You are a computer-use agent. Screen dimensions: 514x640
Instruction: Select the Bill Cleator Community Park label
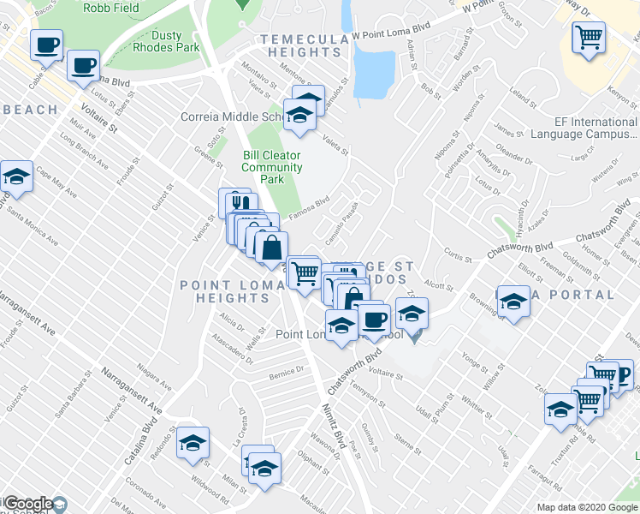click(272, 167)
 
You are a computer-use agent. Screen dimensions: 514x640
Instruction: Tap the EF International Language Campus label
click(584, 128)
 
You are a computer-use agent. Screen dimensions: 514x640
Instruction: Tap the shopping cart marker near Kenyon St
click(590, 37)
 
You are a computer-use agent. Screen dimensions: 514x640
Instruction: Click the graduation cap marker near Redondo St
click(193, 444)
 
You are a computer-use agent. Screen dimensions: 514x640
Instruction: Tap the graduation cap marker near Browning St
click(513, 302)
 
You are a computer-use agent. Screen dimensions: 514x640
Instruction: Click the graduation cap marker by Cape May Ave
click(16, 177)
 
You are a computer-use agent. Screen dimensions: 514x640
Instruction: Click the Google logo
click(28, 504)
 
